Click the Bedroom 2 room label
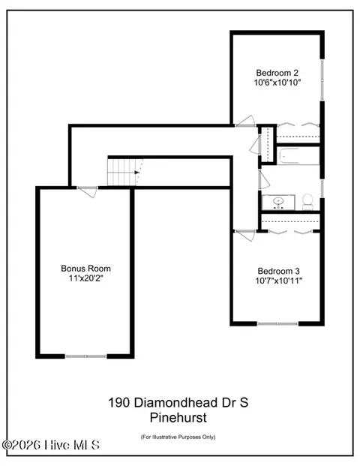point(277,73)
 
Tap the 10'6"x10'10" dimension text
point(277,83)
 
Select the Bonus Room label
point(85,269)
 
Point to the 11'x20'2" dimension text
point(85,278)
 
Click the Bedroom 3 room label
point(278,271)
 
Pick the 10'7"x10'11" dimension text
point(279,281)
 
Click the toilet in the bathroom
point(307,202)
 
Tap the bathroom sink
point(278,203)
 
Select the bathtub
point(298,156)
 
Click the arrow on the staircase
point(137,173)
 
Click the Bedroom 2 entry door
point(245,122)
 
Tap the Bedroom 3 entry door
point(244,235)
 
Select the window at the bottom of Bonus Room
point(85,356)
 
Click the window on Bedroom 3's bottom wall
point(277,323)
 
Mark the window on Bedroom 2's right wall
point(322,80)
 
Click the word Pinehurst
point(178,417)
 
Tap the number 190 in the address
point(118,403)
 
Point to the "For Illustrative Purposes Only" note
point(178,437)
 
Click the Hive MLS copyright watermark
point(51,445)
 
